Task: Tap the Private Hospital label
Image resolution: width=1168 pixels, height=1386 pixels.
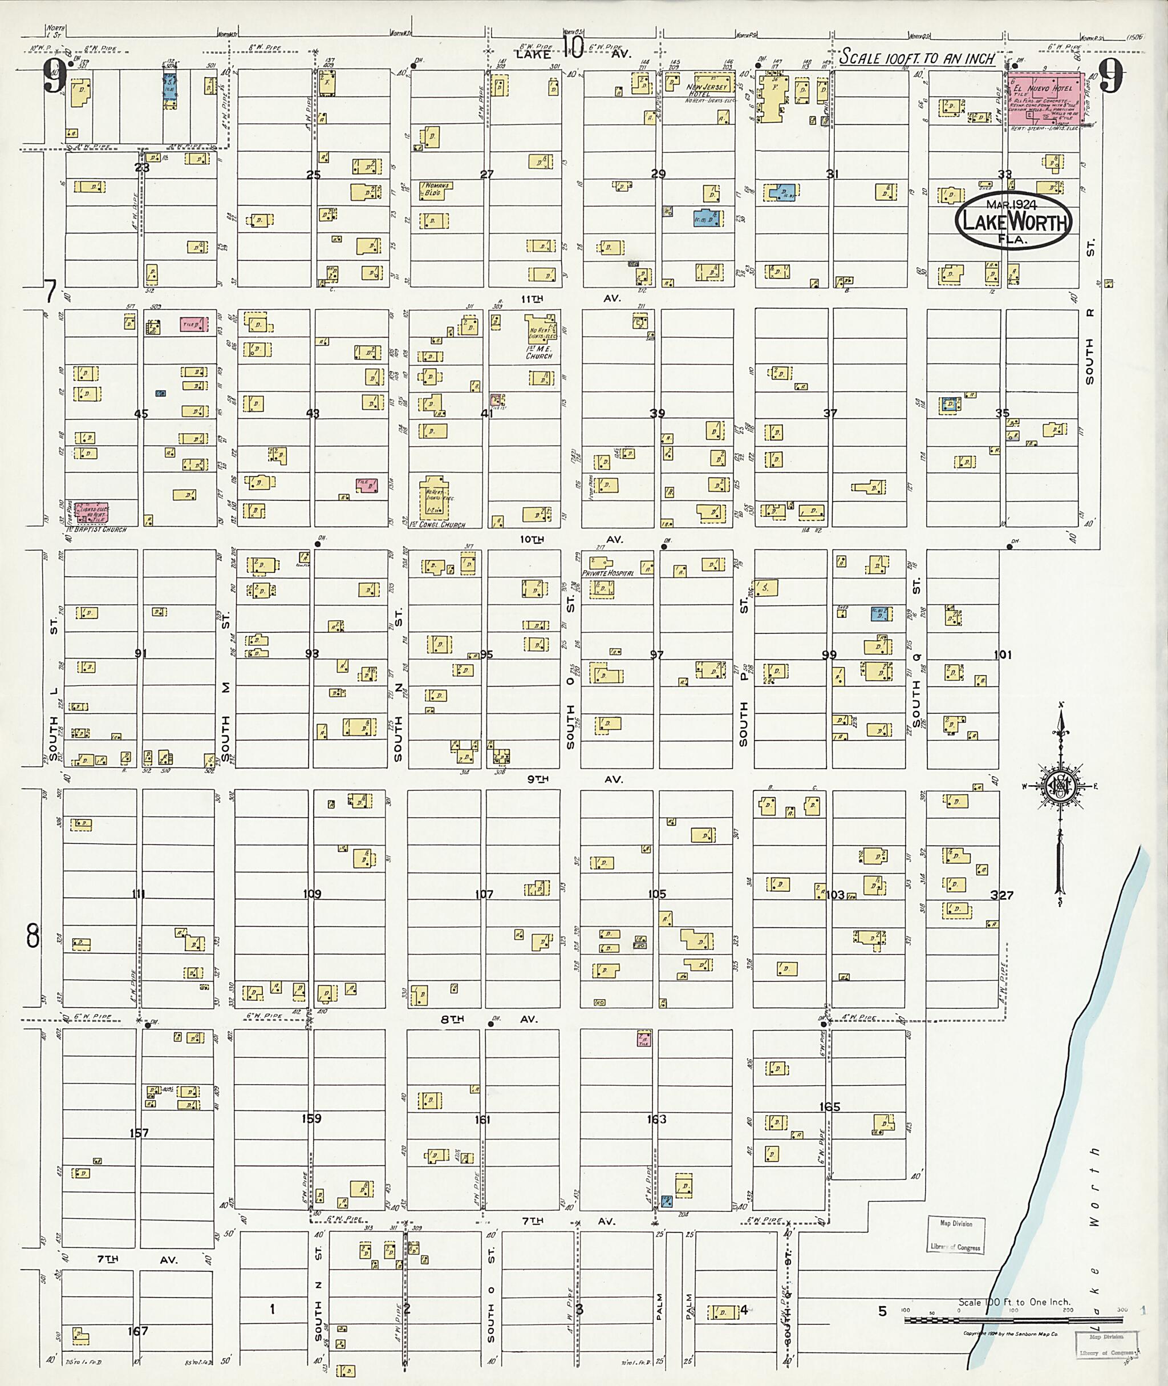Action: [x=608, y=572]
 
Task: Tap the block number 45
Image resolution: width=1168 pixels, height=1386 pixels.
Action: [x=141, y=414]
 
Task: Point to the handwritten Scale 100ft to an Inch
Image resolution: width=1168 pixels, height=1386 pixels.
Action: [x=917, y=58]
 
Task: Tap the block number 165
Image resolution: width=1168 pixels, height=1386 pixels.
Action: [x=829, y=1107]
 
